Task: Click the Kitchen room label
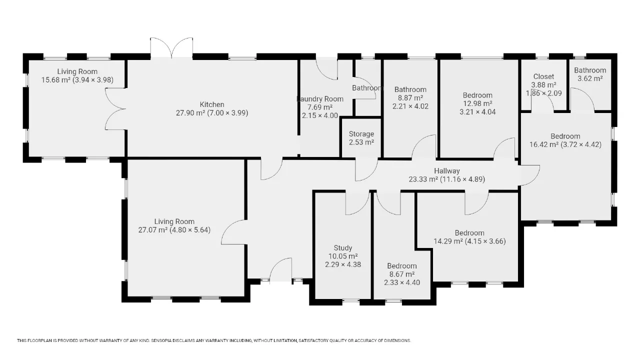pos(211,104)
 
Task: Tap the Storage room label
pos(361,133)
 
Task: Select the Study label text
pos(343,247)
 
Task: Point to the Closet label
pos(543,76)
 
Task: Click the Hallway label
pos(447,171)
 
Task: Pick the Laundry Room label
pos(320,99)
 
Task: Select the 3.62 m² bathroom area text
pos(590,78)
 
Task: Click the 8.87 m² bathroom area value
pos(410,97)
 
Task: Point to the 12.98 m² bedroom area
pos(477,103)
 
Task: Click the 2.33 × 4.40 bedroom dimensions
pos(401,282)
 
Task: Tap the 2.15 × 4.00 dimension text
pos(320,115)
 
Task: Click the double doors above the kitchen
pos(171,47)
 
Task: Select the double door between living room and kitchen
pos(115,109)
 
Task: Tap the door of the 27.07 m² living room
pos(233,232)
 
